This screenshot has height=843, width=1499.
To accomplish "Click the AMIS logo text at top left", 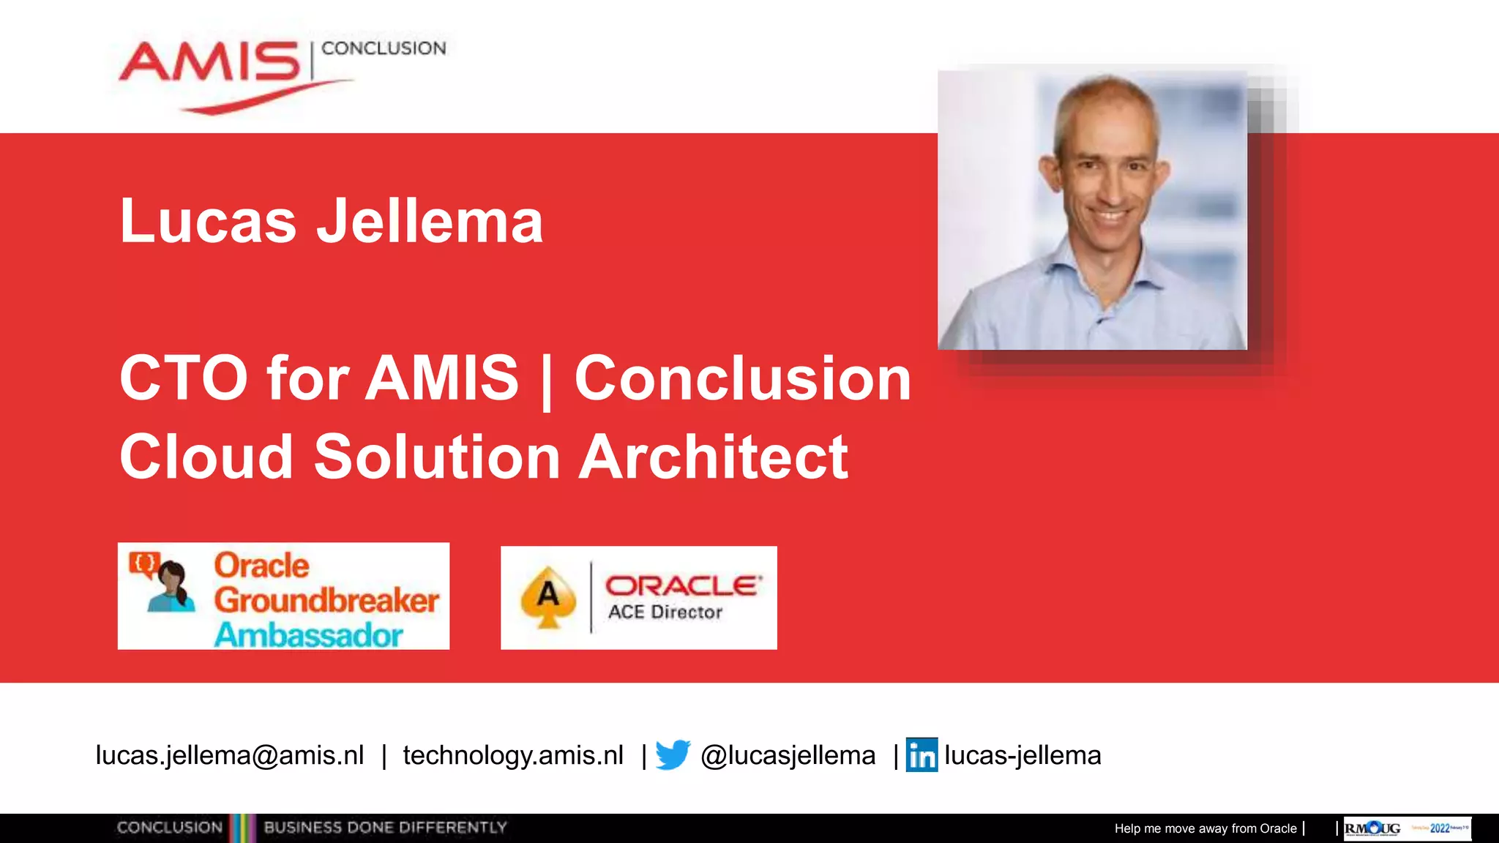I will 210,63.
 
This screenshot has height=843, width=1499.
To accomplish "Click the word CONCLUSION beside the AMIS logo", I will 384,48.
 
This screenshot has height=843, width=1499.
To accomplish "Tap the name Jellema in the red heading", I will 430,221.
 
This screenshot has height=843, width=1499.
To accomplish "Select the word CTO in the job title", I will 184,378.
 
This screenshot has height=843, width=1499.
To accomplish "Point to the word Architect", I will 714,457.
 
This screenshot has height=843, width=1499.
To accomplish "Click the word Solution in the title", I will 437,457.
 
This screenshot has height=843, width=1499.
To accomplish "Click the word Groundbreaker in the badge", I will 326,600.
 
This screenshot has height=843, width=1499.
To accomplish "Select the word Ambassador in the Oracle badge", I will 308,634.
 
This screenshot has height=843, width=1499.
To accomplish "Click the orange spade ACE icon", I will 548,597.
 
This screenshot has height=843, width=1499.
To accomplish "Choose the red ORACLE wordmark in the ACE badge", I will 683,585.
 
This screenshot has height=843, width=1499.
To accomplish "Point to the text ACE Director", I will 665,612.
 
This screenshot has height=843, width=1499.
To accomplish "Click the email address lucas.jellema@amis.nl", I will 230,755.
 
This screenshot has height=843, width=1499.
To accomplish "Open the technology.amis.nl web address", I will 513,755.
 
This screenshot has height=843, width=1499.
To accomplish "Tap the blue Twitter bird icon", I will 673,754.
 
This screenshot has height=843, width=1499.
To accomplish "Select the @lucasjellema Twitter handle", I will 788,755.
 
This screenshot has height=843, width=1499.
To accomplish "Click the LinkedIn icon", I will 922,754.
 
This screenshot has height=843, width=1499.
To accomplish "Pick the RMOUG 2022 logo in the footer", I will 1407,828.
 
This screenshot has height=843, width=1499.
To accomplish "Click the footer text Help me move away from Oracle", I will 1205,828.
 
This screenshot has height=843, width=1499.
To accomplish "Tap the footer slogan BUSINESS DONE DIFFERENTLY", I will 385,828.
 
